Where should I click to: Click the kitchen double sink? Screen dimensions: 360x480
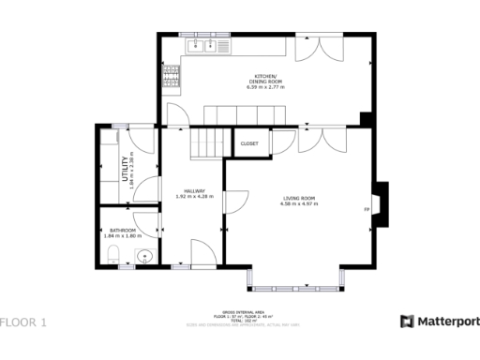click(204, 45)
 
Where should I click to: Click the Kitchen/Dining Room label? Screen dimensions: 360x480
click(266, 79)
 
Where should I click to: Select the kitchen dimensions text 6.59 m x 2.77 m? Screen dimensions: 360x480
click(266, 86)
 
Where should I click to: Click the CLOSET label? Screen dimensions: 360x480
click(249, 143)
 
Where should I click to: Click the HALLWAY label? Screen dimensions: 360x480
click(195, 190)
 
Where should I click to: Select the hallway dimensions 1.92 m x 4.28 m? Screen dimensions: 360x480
click(195, 197)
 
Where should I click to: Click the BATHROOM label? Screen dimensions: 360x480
click(123, 231)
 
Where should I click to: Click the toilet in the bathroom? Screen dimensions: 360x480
click(111, 254)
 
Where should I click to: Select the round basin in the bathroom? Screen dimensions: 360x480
click(144, 255)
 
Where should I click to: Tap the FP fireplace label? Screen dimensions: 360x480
click(367, 208)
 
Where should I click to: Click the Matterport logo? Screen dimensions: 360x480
click(440, 322)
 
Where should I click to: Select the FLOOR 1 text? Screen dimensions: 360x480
click(23, 322)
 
